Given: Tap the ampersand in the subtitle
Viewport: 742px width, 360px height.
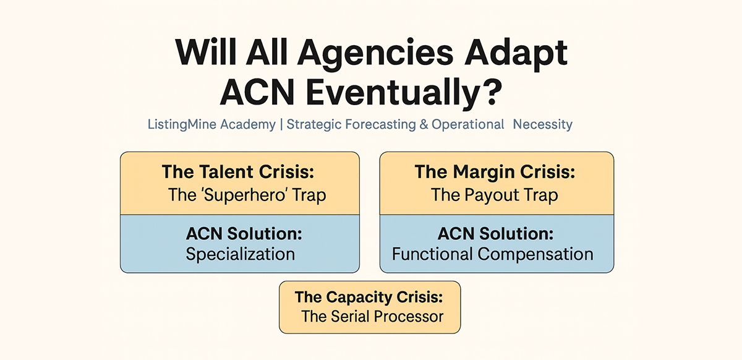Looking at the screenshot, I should coord(424,124).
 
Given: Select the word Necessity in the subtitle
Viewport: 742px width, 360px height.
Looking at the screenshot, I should coord(542,124).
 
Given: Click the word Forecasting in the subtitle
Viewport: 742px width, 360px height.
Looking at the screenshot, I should coord(377,124).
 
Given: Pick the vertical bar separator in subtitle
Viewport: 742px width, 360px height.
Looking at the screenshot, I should coord(281,124).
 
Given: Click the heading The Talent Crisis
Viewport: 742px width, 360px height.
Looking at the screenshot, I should coord(240,171).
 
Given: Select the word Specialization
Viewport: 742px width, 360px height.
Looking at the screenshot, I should coord(240,254).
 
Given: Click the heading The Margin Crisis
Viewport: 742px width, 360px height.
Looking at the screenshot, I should coord(495,171).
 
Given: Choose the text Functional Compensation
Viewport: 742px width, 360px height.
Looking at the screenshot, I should coord(492,254).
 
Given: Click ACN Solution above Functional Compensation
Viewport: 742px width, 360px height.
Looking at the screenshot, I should coord(495,233).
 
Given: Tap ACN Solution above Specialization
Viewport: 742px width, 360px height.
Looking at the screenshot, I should coord(240,233).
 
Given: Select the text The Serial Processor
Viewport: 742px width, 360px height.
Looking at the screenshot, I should coord(372,316).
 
